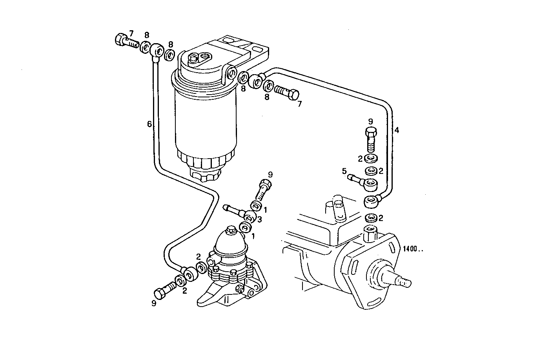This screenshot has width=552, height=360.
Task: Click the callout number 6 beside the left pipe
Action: pos(149,124)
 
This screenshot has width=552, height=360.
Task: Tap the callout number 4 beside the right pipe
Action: pos(397,130)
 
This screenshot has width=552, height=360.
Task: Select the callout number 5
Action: pos(344,171)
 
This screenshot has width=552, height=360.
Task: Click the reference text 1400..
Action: pos(413,249)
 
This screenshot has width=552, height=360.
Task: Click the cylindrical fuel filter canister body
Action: pos(205,122)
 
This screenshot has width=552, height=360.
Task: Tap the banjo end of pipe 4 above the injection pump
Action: pos(372,202)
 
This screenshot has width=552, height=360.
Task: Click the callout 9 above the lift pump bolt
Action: pos(270,174)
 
